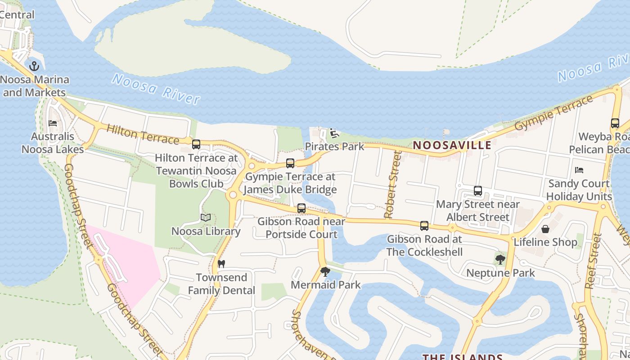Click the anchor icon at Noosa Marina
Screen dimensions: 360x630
(x=34, y=66)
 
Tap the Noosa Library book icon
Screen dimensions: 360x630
(x=206, y=218)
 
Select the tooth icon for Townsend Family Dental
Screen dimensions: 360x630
(x=221, y=264)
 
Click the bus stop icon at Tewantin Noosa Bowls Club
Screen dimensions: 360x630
(x=196, y=144)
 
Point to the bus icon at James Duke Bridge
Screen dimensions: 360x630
(x=290, y=163)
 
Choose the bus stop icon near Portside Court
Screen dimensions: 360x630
(x=301, y=208)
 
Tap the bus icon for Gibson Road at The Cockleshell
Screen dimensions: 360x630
(x=424, y=226)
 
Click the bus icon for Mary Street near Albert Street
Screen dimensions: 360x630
(x=478, y=191)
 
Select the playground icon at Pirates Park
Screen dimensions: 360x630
(x=334, y=133)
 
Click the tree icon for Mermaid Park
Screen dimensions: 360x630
(x=325, y=272)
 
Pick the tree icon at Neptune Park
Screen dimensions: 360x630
(x=500, y=260)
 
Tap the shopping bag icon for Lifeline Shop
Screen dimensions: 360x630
(x=545, y=229)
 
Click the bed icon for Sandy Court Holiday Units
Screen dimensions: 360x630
(x=579, y=170)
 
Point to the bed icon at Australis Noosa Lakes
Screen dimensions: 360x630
(x=53, y=123)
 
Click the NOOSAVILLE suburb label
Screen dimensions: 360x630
(x=452, y=145)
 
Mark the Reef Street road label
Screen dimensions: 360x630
(x=594, y=261)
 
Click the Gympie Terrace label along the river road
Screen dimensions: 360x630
(x=554, y=113)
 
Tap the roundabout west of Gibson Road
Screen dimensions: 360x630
(x=233, y=195)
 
